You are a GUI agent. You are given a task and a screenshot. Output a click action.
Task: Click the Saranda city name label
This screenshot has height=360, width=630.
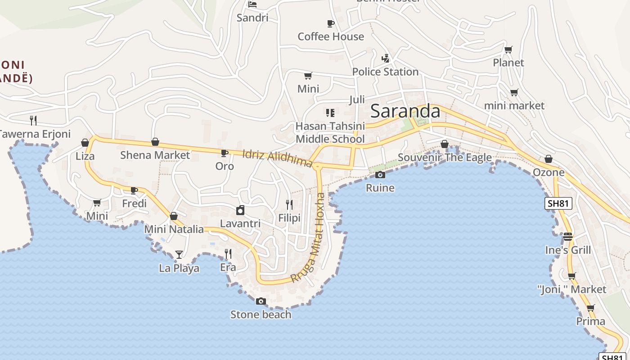pos(405,111)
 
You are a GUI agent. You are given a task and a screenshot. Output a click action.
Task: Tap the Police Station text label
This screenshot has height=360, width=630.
pos(385,72)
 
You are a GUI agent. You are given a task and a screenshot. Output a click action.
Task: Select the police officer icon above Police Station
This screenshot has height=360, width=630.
pos(385,58)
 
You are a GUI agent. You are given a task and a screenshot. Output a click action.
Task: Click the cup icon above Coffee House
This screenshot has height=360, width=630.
pos(331,23)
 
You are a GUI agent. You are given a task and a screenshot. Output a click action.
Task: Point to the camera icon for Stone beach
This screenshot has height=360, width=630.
pos(261,301)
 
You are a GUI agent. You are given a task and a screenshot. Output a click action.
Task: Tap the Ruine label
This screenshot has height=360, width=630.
pos(380,188)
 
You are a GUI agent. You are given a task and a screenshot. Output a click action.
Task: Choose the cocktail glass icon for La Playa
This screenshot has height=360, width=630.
pos(179,255)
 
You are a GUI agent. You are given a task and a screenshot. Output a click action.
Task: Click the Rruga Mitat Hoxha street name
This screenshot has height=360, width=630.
pos(308,238)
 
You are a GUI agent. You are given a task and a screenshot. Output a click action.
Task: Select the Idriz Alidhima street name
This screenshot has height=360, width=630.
pos(277,158)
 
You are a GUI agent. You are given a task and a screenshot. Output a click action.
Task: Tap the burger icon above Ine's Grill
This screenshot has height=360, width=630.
pos(568,236)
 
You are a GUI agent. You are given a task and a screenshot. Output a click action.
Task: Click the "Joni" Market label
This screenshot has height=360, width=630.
pos(572,289)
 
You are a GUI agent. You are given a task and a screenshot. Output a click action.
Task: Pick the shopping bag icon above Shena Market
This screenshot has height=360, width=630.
pos(155,142)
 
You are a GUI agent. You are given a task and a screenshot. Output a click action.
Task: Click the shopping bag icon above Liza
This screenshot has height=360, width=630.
pos(85,143)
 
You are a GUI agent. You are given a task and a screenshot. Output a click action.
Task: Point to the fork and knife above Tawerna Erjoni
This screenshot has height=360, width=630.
pos(33,120)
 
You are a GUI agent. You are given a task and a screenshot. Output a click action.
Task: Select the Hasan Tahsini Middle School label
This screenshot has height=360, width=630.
pos(330,133)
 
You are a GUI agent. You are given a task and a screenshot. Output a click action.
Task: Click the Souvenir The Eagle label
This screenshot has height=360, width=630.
pos(445,157)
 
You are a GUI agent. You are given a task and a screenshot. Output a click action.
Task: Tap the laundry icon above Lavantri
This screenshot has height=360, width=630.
pos(240,210)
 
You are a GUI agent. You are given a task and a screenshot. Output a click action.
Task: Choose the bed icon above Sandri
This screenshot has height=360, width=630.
pos(252,4)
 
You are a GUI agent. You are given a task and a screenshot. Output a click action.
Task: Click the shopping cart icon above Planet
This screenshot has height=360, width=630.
pos(508,49)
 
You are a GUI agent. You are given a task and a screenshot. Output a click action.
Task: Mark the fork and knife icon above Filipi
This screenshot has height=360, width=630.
pos(289,205)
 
